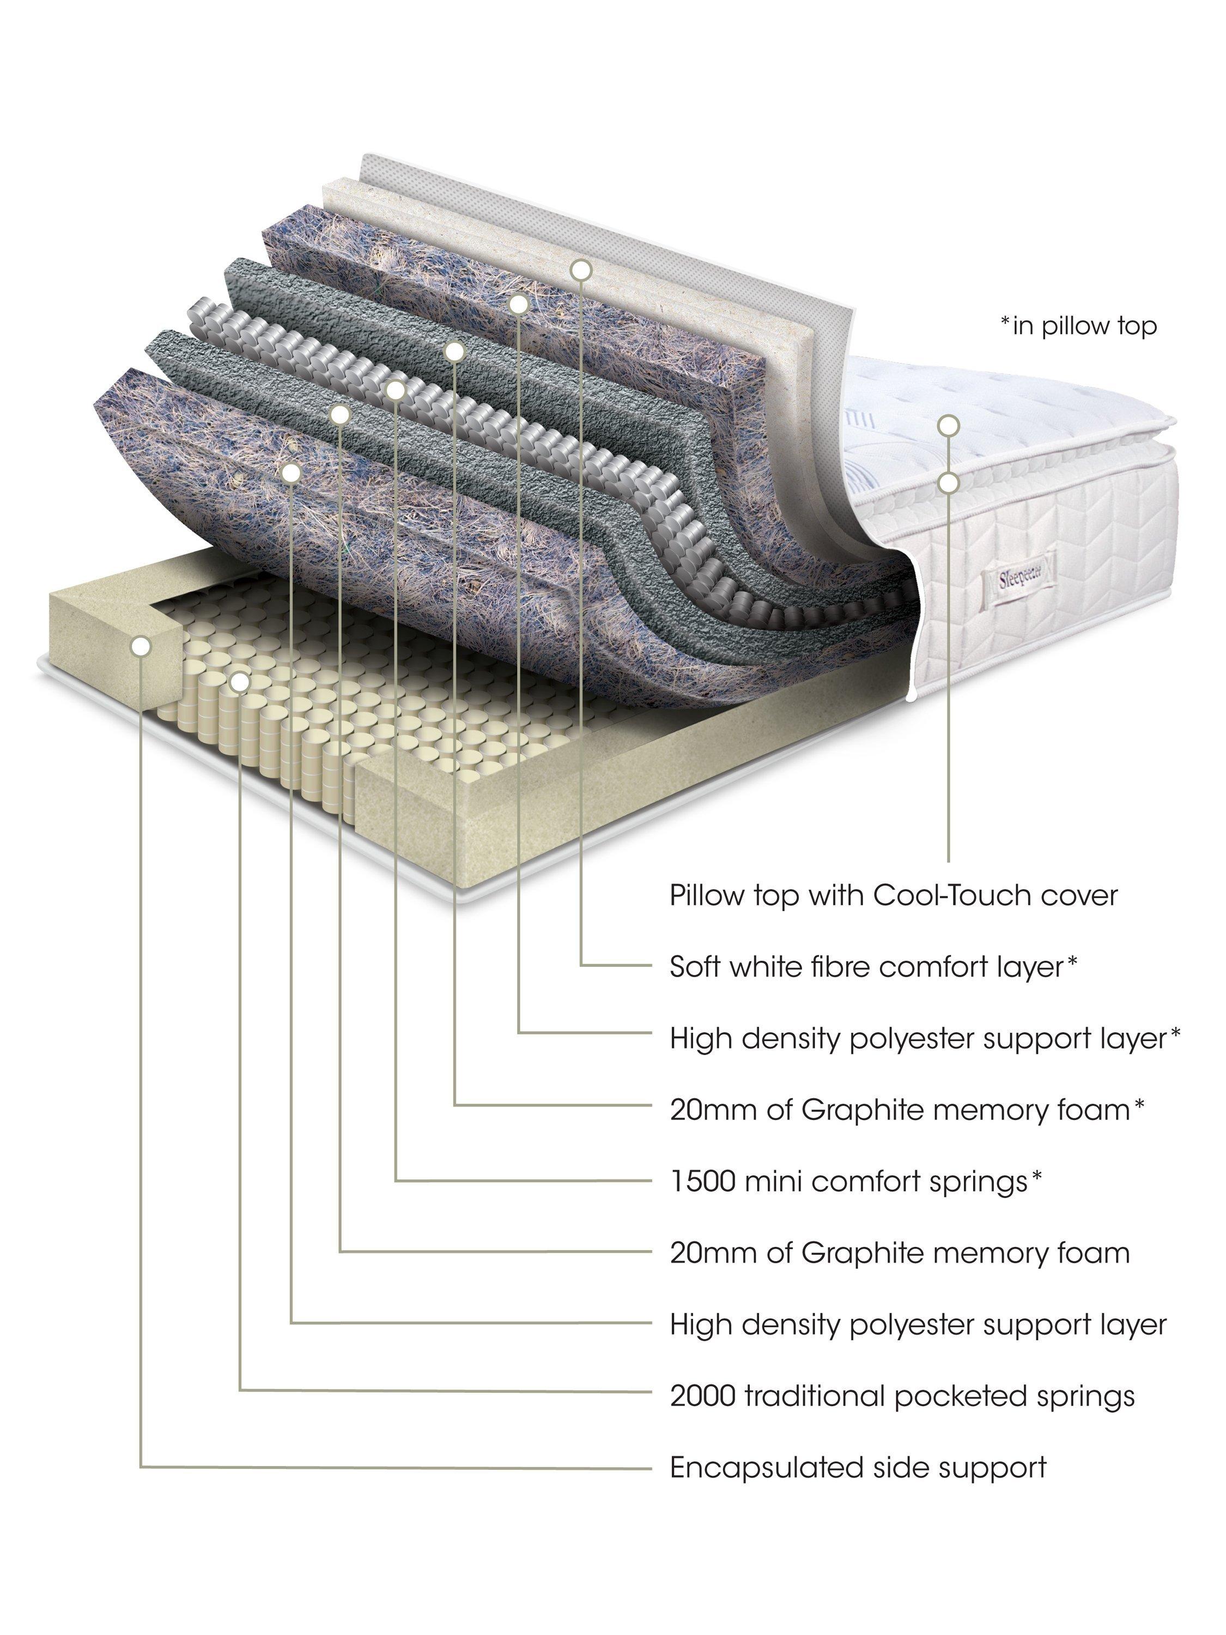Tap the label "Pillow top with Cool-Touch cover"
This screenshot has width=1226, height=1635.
(894, 895)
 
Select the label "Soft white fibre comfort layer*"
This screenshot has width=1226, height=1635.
(873, 966)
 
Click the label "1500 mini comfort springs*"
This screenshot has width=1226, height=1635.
(856, 1181)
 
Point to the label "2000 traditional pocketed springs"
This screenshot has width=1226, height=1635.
(902, 1396)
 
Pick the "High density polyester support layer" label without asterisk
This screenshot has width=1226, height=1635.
(918, 1324)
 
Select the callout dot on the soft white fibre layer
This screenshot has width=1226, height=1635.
(581, 270)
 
